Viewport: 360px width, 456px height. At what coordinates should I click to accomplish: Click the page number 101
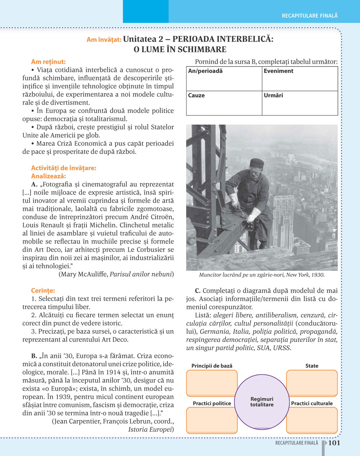334,443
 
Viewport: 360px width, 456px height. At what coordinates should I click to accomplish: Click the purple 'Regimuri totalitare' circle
262,402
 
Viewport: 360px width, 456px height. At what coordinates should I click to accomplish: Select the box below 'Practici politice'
212,420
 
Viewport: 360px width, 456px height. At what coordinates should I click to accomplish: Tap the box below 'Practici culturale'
312,420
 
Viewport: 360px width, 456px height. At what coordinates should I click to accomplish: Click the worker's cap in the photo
257,163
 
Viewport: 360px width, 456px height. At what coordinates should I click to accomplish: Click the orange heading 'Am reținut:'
48,62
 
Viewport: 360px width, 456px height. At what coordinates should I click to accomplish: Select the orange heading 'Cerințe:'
43,291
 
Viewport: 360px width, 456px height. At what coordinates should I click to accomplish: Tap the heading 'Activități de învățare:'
64,168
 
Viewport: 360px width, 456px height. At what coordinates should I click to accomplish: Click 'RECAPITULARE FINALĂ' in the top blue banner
310,16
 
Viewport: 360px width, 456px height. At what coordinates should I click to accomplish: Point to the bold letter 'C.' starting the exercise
198,291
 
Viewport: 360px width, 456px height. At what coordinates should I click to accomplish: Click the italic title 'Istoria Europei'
151,429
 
